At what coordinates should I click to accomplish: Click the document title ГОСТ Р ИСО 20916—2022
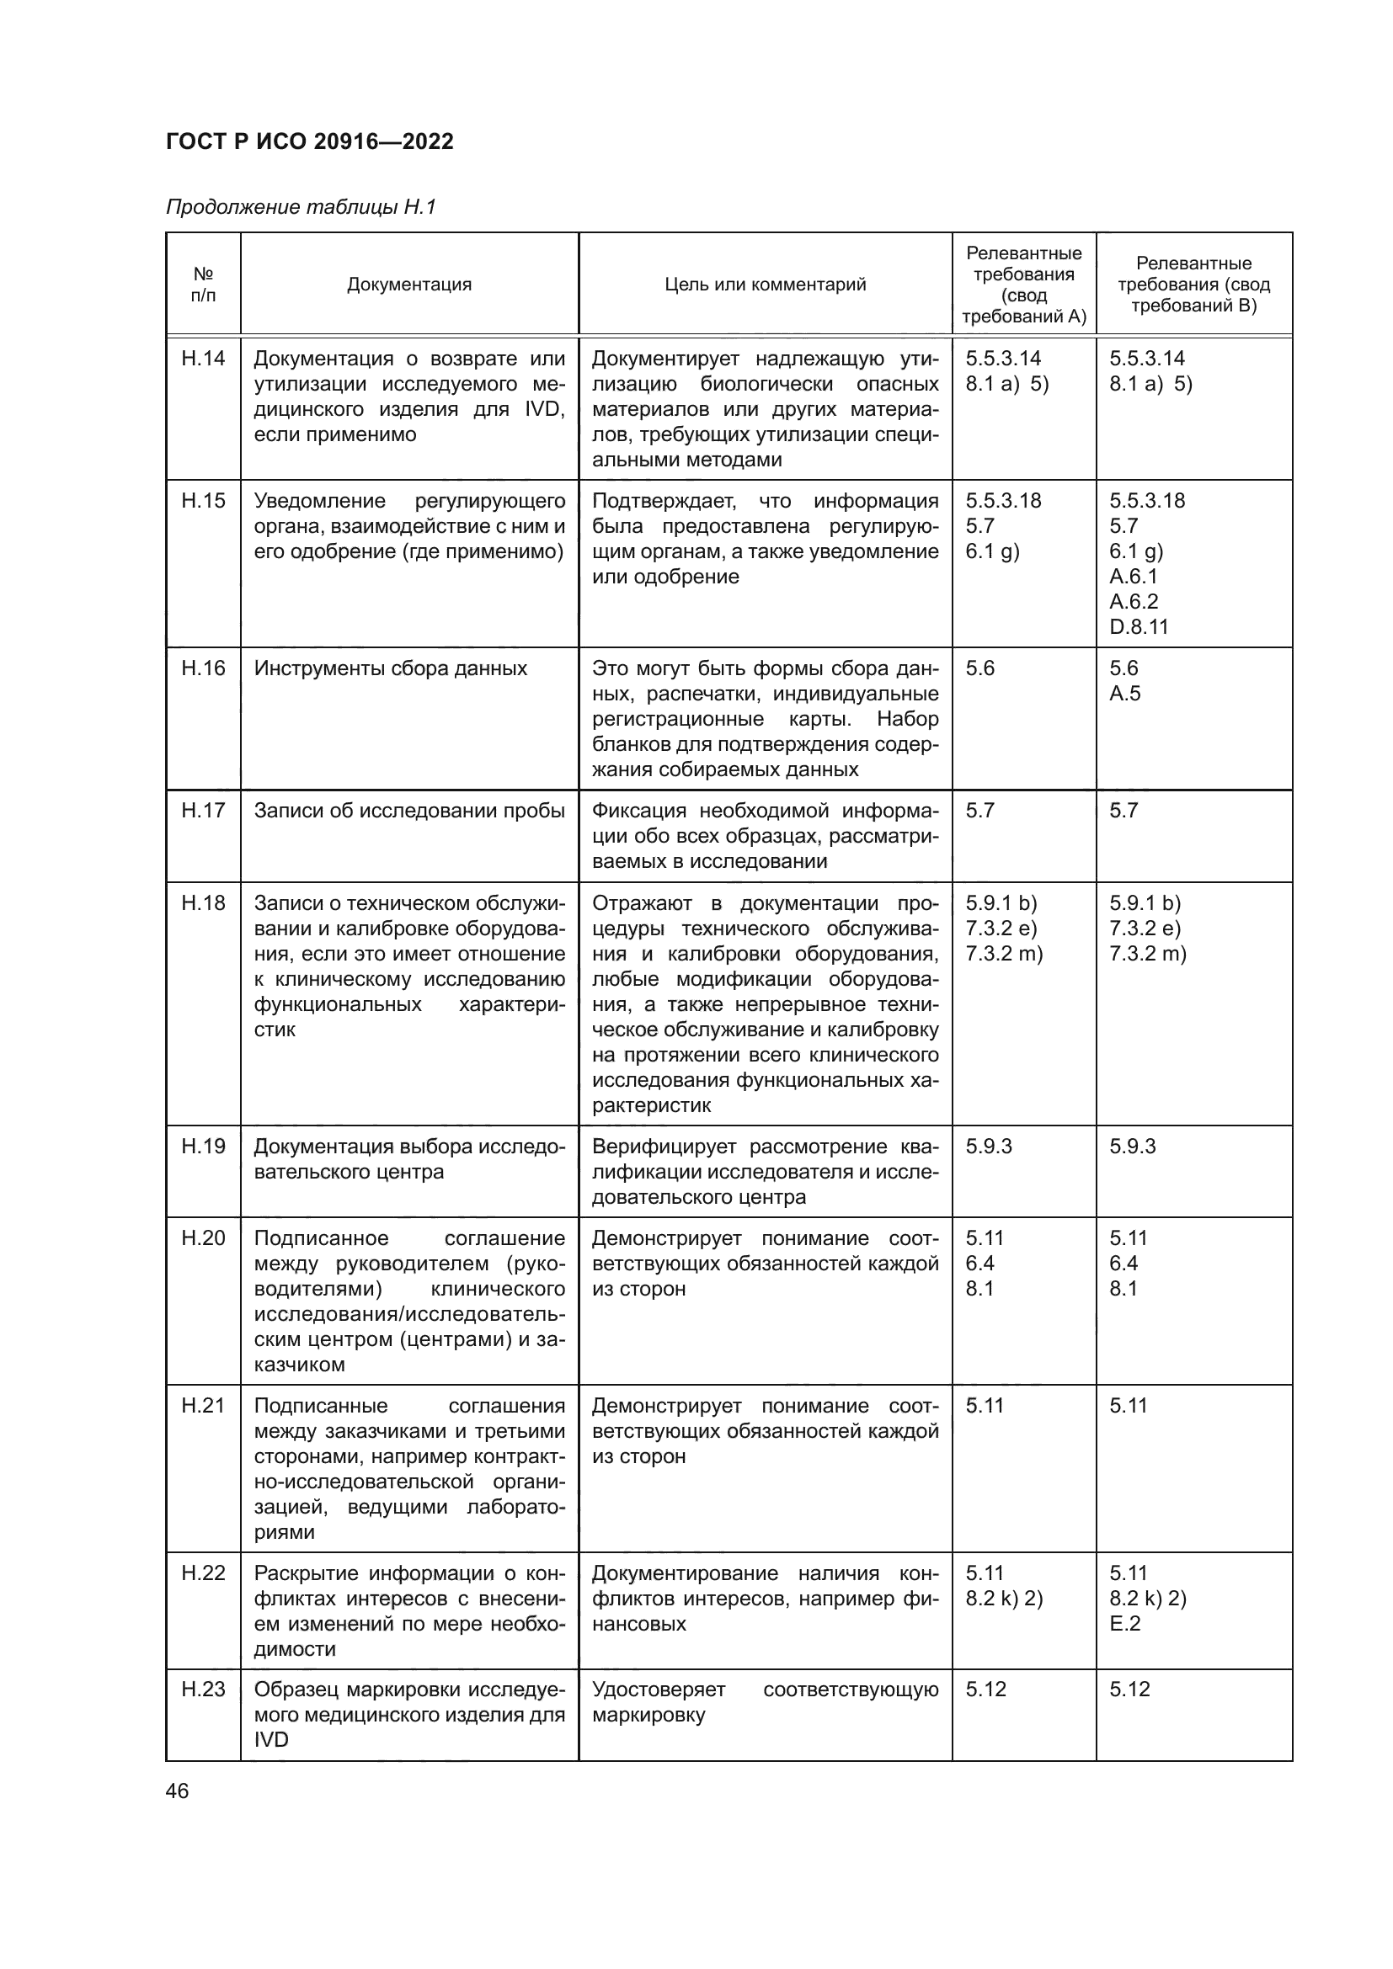[310, 141]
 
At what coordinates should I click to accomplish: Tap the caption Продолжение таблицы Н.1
[301, 207]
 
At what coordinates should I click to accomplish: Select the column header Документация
[409, 285]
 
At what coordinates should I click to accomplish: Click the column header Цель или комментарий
[765, 285]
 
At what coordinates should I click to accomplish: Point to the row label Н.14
[203, 359]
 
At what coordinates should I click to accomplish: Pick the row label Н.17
[203, 811]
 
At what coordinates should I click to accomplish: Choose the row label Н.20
[203, 1238]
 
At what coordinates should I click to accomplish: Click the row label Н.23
[203, 1690]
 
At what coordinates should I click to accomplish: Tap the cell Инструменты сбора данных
[390, 668]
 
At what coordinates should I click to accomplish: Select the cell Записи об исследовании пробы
[409, 811]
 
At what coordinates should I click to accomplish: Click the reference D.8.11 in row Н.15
[1139, 627]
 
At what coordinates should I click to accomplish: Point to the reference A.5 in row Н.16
[1124, 694]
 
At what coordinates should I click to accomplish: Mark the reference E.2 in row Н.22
[1124, 1623]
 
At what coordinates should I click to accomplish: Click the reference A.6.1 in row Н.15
[1132, 577]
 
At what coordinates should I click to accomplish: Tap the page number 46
[177, 1791]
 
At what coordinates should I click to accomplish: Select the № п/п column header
[203, 285]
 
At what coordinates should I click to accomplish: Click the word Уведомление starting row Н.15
[319, 501]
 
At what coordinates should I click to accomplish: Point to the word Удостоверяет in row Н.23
[658, 1690]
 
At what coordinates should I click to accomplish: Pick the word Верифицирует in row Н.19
[664, 1147]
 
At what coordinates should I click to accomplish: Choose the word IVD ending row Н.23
[271, 1739]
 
